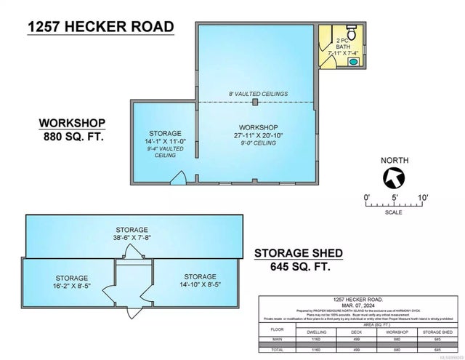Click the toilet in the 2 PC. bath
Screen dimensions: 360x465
click(350, 33)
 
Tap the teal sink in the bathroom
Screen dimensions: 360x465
click(354, 63)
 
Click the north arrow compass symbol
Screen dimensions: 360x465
click(394, 177)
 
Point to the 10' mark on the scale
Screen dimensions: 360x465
click(423, 196)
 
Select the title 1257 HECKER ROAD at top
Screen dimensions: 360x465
click(101, 28)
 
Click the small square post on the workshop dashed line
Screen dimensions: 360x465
click(254, 103)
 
